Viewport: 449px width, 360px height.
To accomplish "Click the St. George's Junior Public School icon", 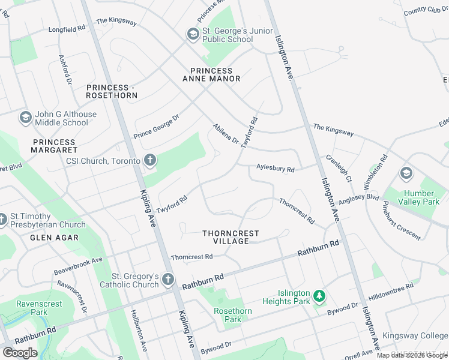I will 193,35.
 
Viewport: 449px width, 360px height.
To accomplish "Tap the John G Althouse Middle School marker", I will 26,118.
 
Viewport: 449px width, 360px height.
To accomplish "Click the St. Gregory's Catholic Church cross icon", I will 168,280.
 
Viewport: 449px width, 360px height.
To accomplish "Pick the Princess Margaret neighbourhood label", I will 55,145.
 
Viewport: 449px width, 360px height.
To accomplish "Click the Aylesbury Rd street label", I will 275,169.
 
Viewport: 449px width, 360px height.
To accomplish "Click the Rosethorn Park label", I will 233,315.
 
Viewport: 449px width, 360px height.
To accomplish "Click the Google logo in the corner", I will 20,352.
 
